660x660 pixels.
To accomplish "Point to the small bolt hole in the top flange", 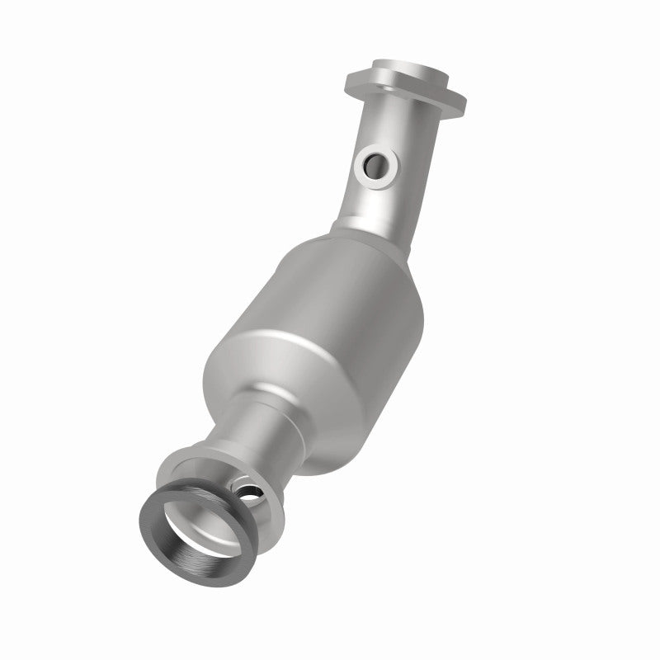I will (x=443, y=89).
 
